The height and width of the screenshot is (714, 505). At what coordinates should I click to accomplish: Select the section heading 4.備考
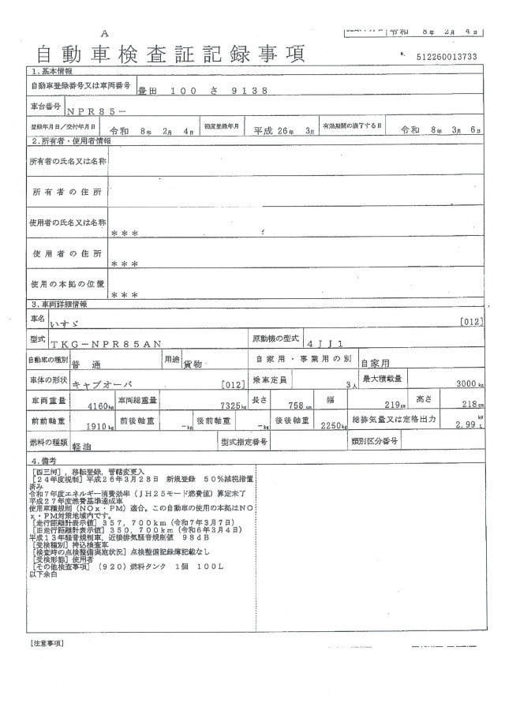pos(43,460)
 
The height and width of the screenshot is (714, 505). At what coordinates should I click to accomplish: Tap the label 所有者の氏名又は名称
pos(67,161)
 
